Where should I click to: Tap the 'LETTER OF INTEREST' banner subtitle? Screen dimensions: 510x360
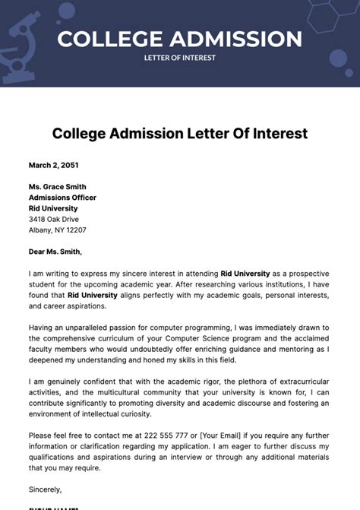click(x=180, y=58)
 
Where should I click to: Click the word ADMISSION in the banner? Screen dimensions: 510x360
click(x=238, y=39)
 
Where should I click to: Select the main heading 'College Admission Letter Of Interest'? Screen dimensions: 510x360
click(x=180, y=134)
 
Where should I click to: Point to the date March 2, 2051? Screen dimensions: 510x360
click(x=53, y=165)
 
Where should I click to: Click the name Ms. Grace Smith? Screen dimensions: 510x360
click(x=57, y=187)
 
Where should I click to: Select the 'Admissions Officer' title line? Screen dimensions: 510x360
click(x=62, y=198)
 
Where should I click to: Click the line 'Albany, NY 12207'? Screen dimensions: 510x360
click(x=58, y=230)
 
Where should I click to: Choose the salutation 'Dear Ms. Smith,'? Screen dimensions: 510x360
click(x=55, y=252)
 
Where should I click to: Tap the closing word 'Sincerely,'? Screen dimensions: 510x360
click(x=45, y=489)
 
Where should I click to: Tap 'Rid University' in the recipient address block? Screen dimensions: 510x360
click(x=53, y=208)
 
